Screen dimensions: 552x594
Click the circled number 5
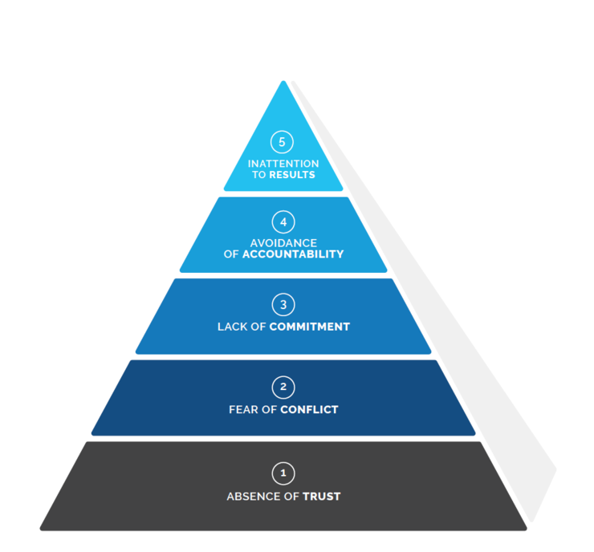click(x=282, y=143)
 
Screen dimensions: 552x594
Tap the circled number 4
click(x=283, y=221)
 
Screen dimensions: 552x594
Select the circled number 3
click(x=283, y=305)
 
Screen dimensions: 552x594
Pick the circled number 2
click(x=283, y=388)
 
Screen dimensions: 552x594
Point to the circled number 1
click(x=283, y=473)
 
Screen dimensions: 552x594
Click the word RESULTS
click(x=292, y=175)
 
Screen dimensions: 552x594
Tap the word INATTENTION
click(x=283, y=164)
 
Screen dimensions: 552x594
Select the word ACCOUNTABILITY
click(x=293, y=254)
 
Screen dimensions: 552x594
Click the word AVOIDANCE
click(x=283, y=243)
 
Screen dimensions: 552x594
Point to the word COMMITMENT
click(x=310, y=327)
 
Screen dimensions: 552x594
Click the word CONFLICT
click(x=309, y=410)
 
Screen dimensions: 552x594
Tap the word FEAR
click(x=242, y=410)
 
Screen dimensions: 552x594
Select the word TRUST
click(x=322, y=497)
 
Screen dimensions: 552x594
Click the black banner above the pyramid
click(x=297, y=38)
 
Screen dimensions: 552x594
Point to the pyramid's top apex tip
click(x=283, y=82)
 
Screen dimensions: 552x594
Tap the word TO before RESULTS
click(x=258, y=175)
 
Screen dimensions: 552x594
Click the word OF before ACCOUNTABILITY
click(x=231, y=254)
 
